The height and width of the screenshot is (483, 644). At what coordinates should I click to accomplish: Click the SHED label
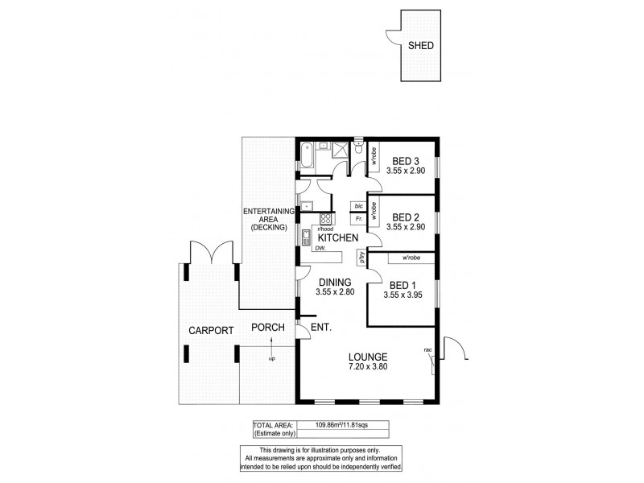click(420, 46)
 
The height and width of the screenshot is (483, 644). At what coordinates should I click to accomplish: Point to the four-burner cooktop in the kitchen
click(326, 219)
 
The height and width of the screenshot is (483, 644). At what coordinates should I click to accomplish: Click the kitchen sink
click(307, 237)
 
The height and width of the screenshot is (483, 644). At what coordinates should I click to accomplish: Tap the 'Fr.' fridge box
click(357, 219)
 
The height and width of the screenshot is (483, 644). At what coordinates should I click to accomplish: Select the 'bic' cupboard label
click(357, 206)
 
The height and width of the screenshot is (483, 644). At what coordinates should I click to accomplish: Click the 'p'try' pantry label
click(363, 259)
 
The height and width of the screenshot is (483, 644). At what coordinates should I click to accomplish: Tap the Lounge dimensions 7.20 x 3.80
click(368, 367)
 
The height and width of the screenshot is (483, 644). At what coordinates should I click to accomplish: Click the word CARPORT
click(211, 330)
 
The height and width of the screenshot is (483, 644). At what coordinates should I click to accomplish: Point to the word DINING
click(334, 282)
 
